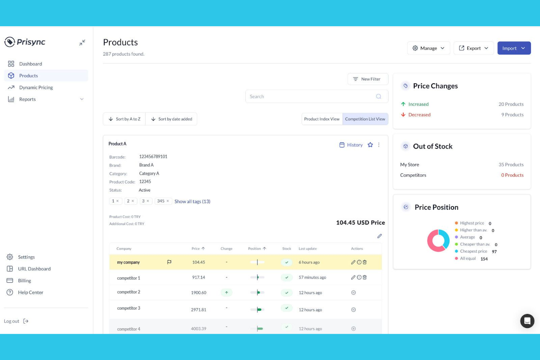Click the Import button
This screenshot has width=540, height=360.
click(x=514, y=48)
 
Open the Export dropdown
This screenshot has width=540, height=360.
click(x=473, y=48)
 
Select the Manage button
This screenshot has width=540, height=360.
click(x=428, y=48)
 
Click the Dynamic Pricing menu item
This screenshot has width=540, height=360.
click(x=36, y=88)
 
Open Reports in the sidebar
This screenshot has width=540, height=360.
click(x=27, y=99)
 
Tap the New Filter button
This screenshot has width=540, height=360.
click(x=367, y=79)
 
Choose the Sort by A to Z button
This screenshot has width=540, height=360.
click(x=124, y=119)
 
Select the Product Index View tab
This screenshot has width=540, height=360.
click(x=321, y=119)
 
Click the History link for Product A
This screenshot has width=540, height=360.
click(x=351, y=145)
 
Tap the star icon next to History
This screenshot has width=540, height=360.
click(x=370, y=145)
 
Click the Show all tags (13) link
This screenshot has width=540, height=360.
click(x=192, y=201)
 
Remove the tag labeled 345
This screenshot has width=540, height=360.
click(x=168, y=201)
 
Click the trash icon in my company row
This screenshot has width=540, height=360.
click(x=364, y=262)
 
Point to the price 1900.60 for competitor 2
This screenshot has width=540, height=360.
click(x=198, y=293)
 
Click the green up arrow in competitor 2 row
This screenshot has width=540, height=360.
click(x=227, y=293)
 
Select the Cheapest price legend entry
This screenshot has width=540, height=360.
click(x=473, y=251)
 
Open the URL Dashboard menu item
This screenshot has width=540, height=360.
click(x=34, y=269)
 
